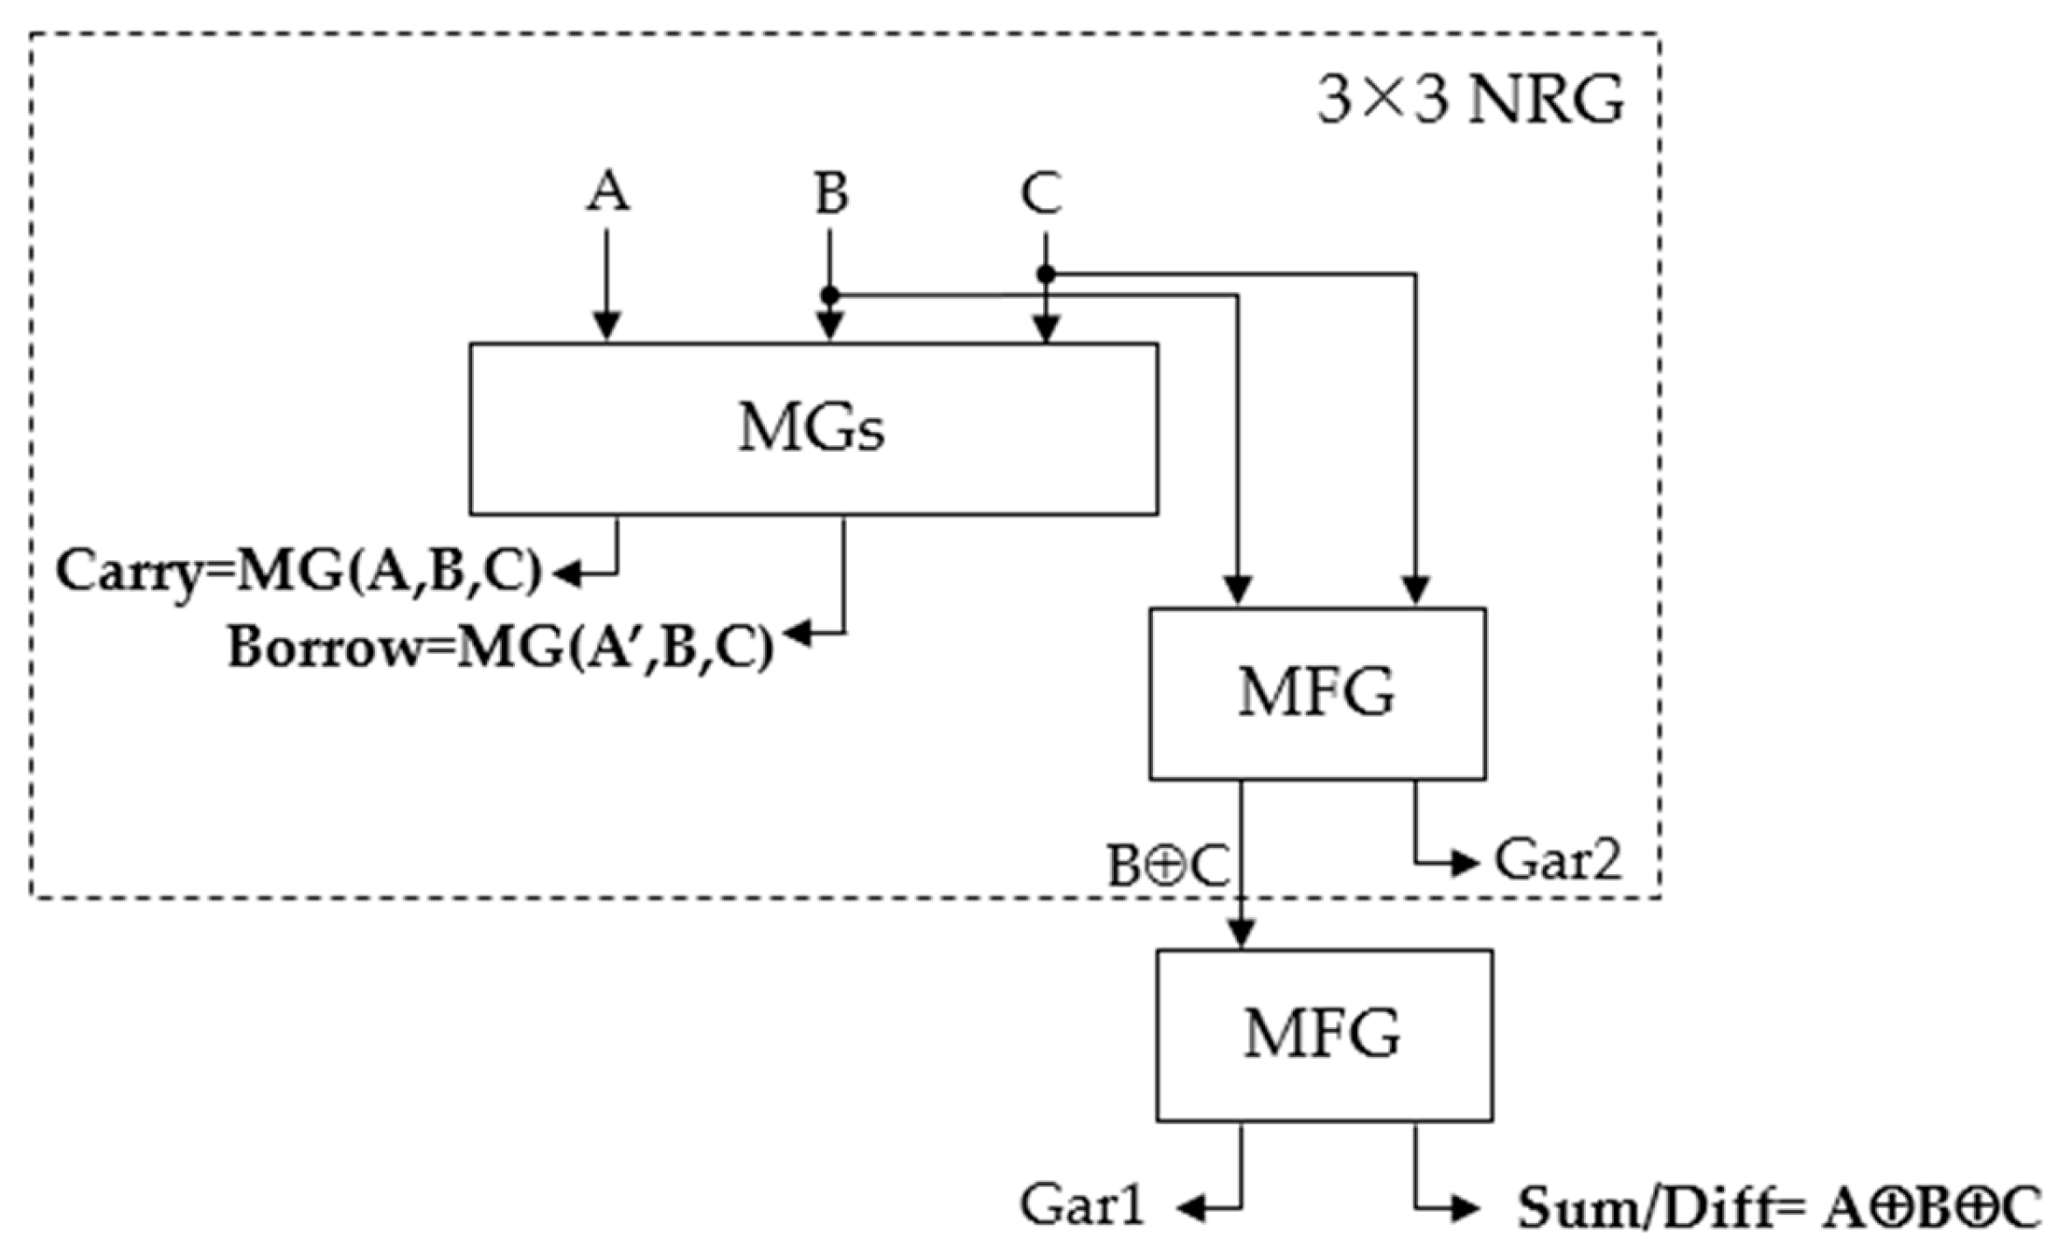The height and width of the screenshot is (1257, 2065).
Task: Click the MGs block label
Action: (x=811, y=428)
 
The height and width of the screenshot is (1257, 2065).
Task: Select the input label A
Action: (x=607, y=191)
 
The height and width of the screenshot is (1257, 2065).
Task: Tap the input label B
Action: (x=831, y=193)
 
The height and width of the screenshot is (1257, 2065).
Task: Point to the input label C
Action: (x=1042, y=193)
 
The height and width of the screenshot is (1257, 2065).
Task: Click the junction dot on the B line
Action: (x=830, y=295)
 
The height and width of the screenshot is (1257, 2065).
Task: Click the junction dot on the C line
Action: (x=1046, y=274)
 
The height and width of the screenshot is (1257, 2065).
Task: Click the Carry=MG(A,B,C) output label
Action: (x=299, y=573)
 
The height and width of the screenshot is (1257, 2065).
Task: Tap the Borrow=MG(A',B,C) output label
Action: (x=501, y=649)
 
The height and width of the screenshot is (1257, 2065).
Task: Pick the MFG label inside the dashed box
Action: (x=1316, y=692)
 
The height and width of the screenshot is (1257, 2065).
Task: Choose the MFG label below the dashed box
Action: (x=1323, y=1034)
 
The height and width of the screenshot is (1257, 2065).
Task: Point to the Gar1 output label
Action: (x=1082, y=1206)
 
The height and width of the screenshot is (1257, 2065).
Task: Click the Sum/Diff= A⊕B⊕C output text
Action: (x=1779, y=1209)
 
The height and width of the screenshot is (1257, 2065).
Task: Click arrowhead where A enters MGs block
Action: (x=607, y=327)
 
